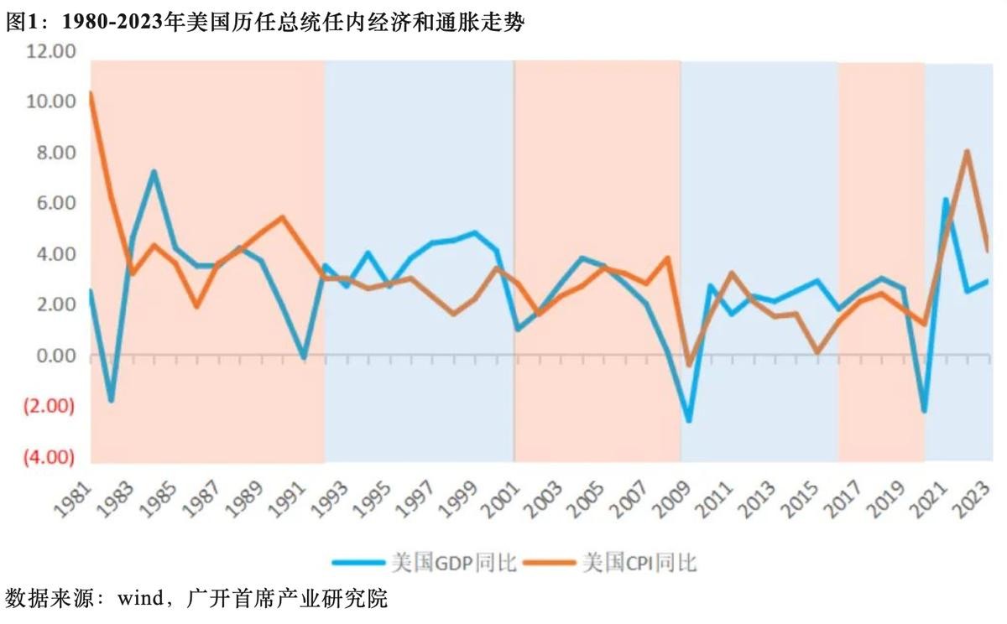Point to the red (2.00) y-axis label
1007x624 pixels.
pyautogui.click(x=50, y=406)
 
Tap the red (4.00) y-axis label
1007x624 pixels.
pyautogui.click(x=50, y=457)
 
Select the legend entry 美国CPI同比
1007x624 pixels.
pyautogui.click(x=639, y=561)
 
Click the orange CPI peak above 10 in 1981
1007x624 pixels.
pyautogui.click(x=90, y=93)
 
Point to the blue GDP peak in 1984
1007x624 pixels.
pyautogui.click(x=154, y=172)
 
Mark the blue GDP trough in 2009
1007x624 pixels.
pyautogui.click(x=689, y=420)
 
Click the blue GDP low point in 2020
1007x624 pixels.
pyautogui.click(x=924, y=411)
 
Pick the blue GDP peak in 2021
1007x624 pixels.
pyautogui.click(x=946, y=200)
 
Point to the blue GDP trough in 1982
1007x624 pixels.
pyautogui.click(x=111, y=400)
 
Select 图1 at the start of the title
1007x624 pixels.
pyautogui.click(x=20, y=23)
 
